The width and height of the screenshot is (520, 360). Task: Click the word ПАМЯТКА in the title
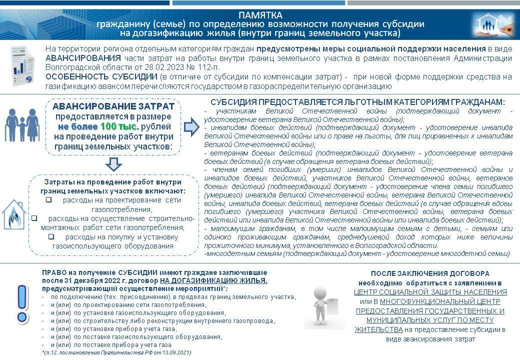pyautogui.click(x=260, y=15)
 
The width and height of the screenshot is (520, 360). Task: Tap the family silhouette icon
pyautogui.click(x=22, y=125)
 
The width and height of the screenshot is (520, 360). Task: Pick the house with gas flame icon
pyautogui.click(x=14, y=215)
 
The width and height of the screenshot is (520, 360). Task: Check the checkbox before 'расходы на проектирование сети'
pyautogui.click(x=49, y=200)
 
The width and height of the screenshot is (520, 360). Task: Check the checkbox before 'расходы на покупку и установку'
pyautogui.click(x=51, y=236)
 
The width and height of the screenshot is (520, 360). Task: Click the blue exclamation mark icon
pyautogui.click(x=21, y=304)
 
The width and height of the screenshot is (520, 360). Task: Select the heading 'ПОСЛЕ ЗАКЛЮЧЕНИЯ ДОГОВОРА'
pyautogui.click(x=430, y=273)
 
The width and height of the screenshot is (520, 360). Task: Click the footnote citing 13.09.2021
pyautogui.click(x=116, y=353)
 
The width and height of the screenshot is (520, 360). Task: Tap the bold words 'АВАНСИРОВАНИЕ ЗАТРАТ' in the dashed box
pyautogui.click(x=113, y=106)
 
